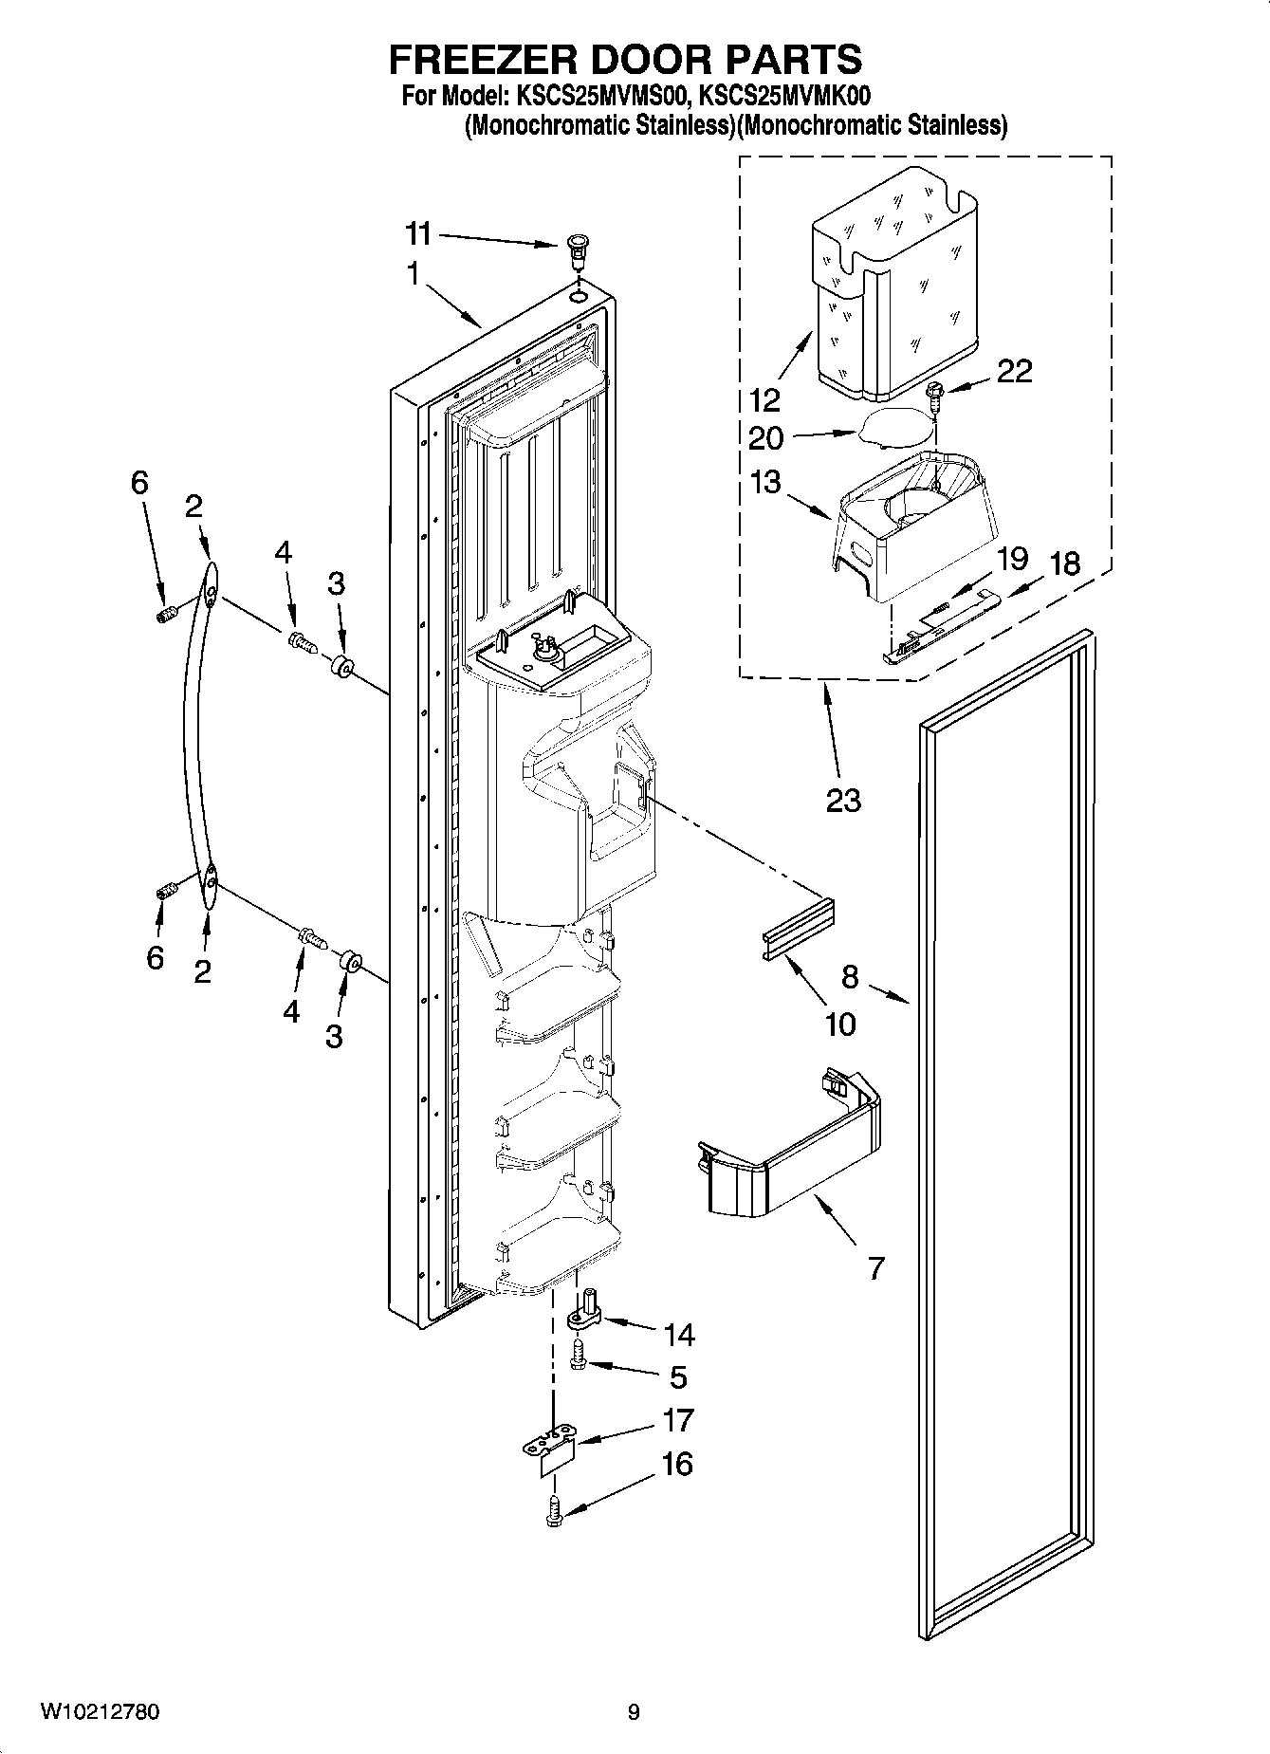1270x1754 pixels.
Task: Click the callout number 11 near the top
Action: click(x=418, y=233)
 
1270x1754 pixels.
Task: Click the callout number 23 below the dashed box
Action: click(x=842, y=801)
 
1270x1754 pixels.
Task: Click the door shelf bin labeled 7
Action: click(x=787, y=1153)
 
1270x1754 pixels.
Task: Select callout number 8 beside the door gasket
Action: click(x=850, y=977)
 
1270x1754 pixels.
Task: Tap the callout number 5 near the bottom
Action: click(x=677, y=1376)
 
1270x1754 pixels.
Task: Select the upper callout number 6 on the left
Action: click(x=139, y=484)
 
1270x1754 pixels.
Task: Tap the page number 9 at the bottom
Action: click(x=634, y=1712)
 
